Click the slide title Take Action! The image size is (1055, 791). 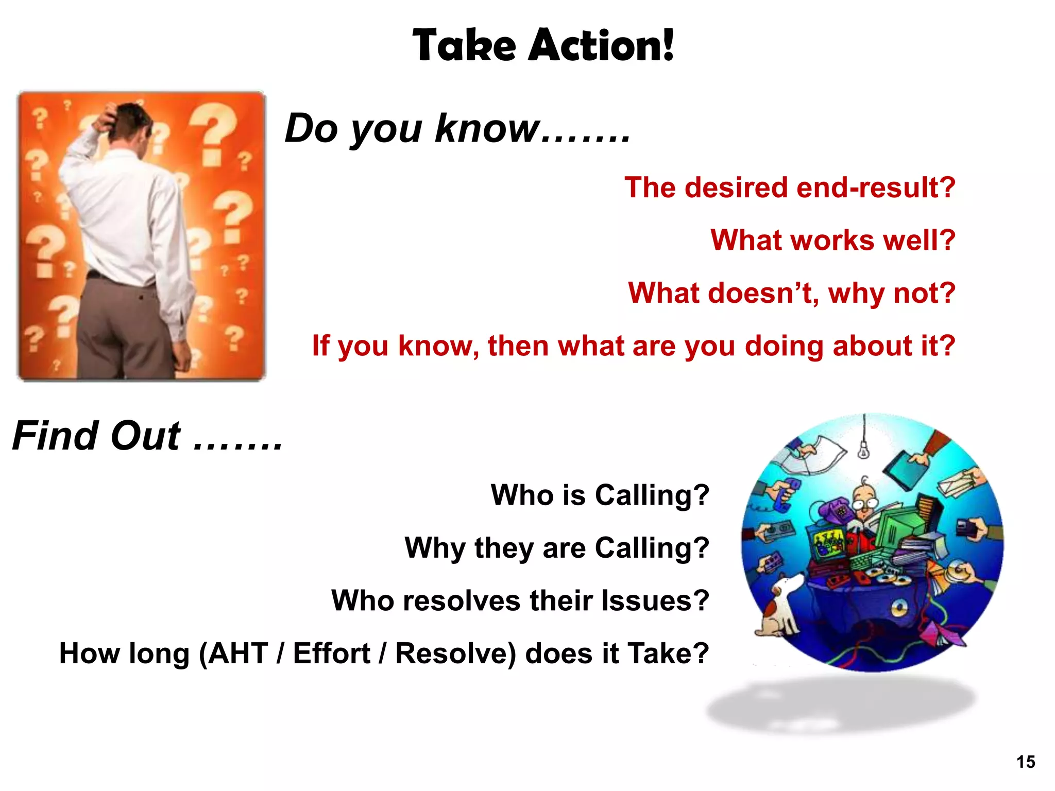543,45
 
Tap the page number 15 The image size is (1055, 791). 1026,762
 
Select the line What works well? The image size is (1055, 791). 832,240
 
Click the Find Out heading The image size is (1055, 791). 147,436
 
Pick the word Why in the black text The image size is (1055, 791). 435,547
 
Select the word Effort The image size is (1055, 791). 331,654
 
